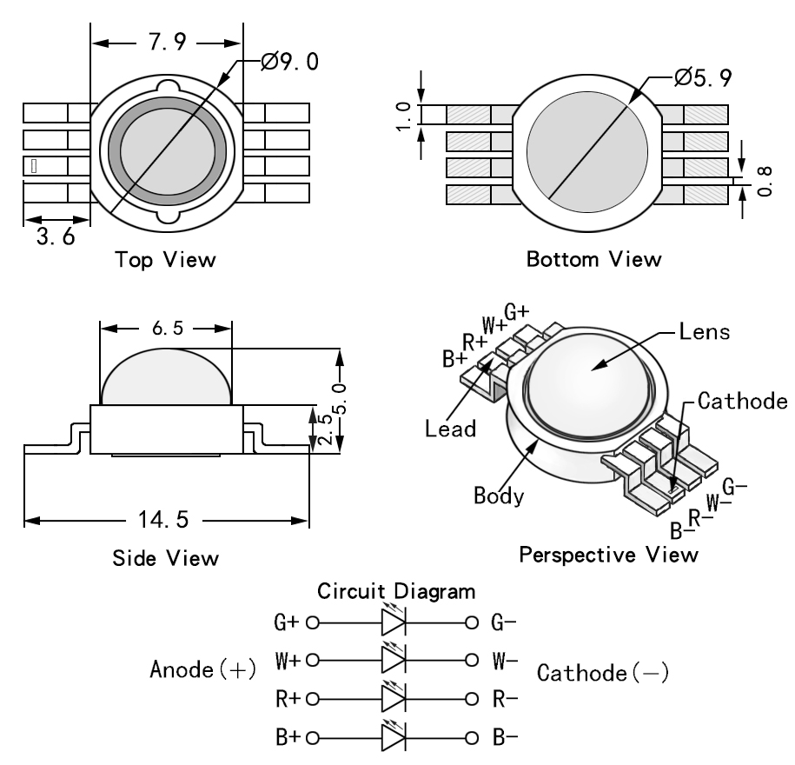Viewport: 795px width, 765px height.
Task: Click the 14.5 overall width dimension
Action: [159, 522]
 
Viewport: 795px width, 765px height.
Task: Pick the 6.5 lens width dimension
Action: [167, 329]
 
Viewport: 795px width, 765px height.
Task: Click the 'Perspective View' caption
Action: [608, 555]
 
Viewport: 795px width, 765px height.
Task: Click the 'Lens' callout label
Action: [699, 332]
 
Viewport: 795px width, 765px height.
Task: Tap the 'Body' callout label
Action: [499, 496]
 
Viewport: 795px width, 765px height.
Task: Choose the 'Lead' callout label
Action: [452, 428]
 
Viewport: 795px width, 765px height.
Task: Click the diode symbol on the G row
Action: [394, 622]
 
